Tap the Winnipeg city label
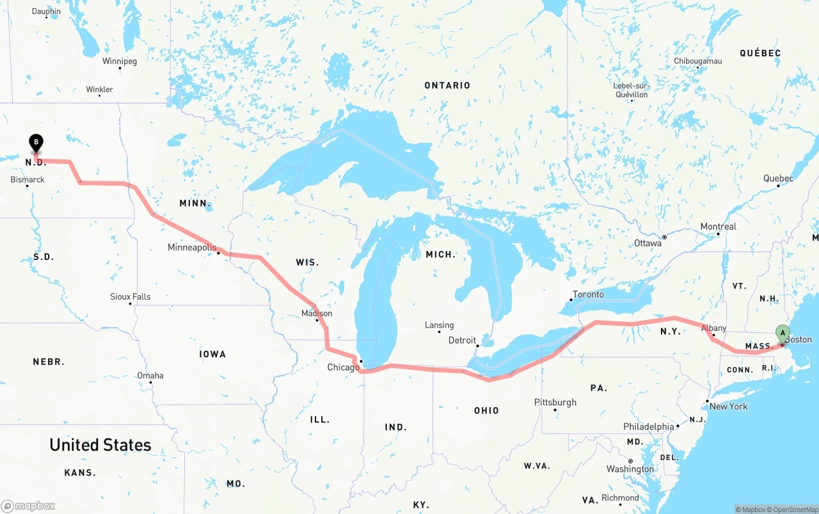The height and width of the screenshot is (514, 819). [x=120, y=61]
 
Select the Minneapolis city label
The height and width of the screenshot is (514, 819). [x=192, y=247]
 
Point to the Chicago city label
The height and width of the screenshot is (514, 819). [x=343, y=367]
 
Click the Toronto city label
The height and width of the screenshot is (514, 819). [x=588, y=294]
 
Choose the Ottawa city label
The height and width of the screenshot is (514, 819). [x=648, y=243]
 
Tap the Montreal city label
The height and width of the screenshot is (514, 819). [x=718, y=227]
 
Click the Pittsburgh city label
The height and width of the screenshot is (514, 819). [x=555, y=403]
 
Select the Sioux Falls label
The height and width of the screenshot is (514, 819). [x=131, y=297]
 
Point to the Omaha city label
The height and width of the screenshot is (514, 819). [x=150, y=376]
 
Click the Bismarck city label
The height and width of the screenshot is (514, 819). [x=28, y=180]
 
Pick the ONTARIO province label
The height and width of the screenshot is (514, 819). [x=447, y=85]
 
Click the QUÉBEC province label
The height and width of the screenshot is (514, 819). [x=760, y=53]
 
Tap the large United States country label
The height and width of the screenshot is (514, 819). [x=100, y=445]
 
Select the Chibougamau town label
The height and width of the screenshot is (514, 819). [x=697, y=61]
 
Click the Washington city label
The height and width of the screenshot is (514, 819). [x=630, y=469]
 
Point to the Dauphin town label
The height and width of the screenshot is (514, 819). [x=46, y=12]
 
